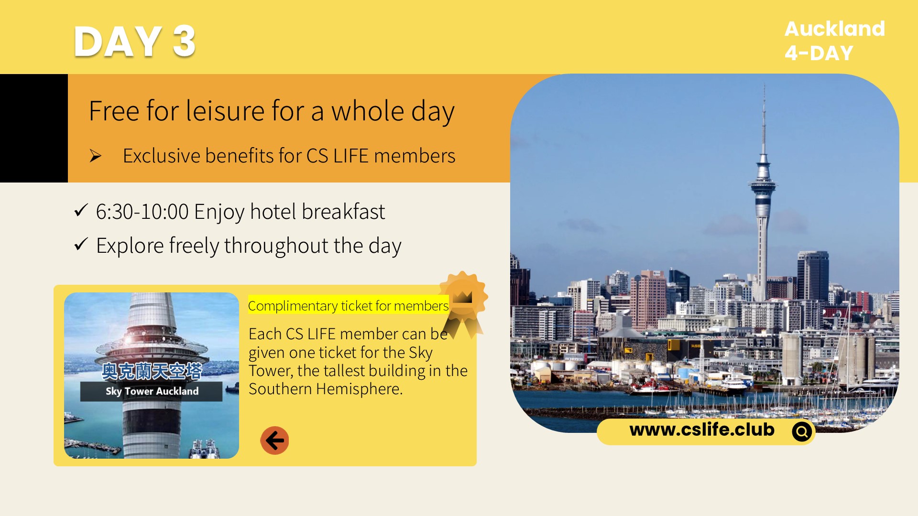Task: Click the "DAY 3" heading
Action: tap(134, 42)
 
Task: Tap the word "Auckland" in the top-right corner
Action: tap(834, 29)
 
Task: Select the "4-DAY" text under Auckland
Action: tap(819, 53)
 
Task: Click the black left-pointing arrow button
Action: tap(274, 440)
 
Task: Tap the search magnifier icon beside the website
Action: tap(802, 431)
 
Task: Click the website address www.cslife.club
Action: tap(701, 430)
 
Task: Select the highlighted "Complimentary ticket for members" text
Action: tap(348, 306)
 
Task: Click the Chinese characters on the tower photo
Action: tap(152, 371)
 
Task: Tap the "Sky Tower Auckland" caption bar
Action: tap(152, 391)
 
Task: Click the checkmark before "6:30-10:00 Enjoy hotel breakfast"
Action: tap(81, 210)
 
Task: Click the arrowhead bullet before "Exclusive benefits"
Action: tap(96, 156)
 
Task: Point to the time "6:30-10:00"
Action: tap(142, 212)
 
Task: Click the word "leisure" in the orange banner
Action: tap(225, 111)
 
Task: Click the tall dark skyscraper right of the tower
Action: tap(813, 276)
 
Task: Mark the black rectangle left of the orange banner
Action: tap(34, 128)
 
